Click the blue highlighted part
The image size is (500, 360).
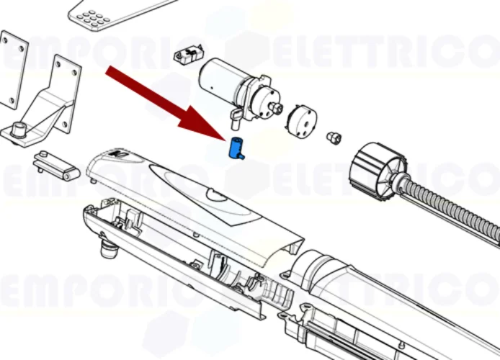pos(236,148)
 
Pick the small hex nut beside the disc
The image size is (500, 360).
pos(333,136)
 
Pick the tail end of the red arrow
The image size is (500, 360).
pos(110,71)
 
